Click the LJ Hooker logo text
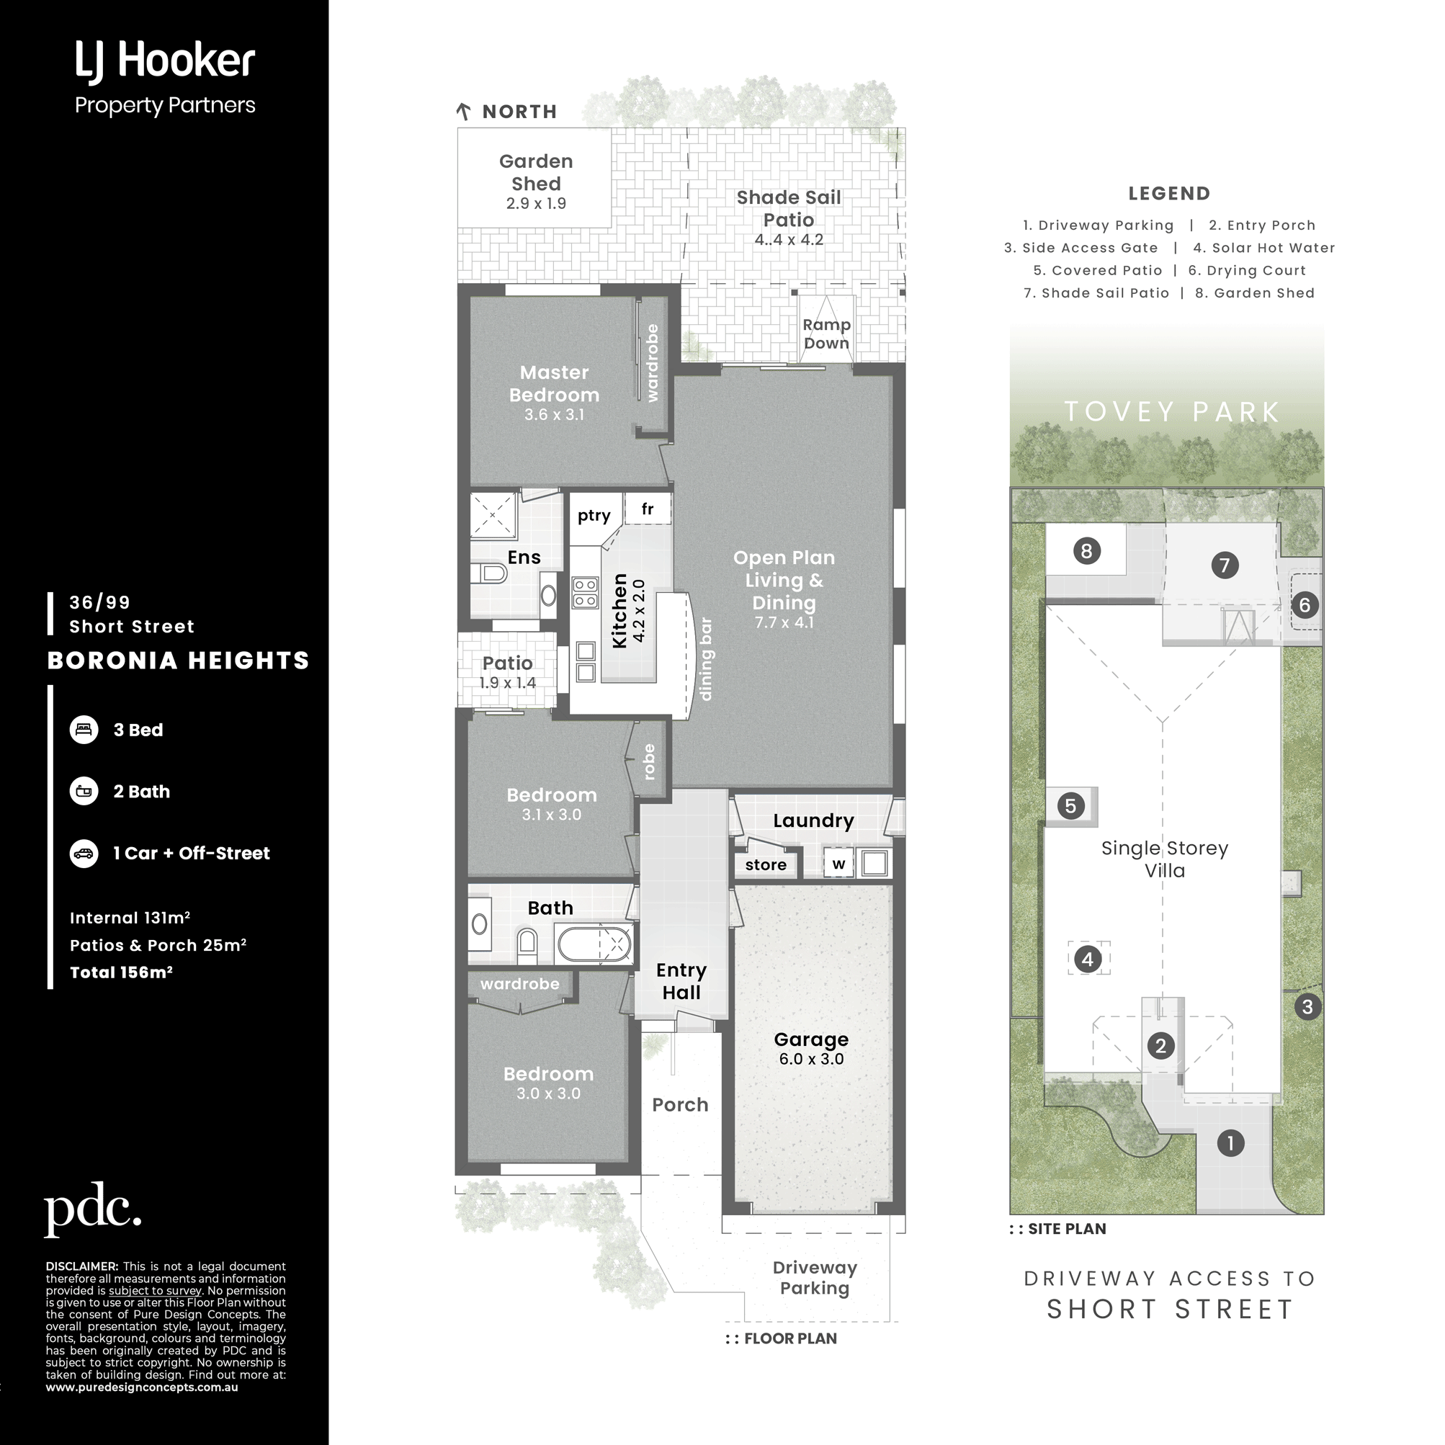(x=164, y=61)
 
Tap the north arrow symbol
(x=463, y=112)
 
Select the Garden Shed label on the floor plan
(x=536, y=172)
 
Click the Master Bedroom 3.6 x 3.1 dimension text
(x=554, y=414)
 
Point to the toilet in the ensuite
(x=489, y=573)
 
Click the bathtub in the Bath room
(x=594, y=943)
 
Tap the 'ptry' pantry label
(x=594, y=515)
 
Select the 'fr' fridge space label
(x=648, y=509)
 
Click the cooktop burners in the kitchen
(x=586, y=592)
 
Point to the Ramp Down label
(x=826, y=334)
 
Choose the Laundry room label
(x=813, y=820)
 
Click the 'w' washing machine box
(x=838, y=864)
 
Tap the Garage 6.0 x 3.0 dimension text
(x=812, y=1059)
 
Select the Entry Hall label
(x=681, y=981)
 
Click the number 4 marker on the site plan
(x=1088, y=959)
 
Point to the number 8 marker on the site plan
(x=1087, y=551)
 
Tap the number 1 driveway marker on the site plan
(x=1230, y=1143)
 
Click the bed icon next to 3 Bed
(x=84, y=729)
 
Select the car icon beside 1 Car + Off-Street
(x=84, y=854)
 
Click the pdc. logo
(x=93, y=1209)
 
